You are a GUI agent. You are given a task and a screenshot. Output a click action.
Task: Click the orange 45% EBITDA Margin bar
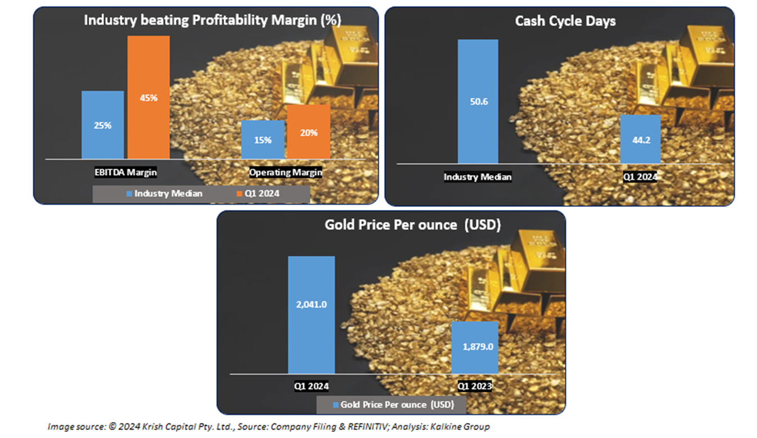click(148, 97)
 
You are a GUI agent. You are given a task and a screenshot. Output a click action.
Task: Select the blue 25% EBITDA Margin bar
click(103, 125)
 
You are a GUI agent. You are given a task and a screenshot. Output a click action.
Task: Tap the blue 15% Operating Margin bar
click(262, 139)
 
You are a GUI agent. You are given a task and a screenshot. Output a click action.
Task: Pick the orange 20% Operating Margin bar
click(309, 132)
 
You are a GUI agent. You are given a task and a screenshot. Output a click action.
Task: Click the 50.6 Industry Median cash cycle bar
click(478, 101)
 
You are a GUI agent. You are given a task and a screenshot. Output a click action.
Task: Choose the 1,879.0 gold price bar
click(475, 347)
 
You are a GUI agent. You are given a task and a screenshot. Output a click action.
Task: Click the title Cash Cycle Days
click(565, 21)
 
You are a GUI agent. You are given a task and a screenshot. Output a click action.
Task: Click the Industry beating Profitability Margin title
click(212, 21)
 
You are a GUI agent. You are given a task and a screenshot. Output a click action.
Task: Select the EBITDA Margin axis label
click(126, 173)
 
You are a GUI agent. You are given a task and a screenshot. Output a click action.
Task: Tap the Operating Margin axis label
click(286, 173)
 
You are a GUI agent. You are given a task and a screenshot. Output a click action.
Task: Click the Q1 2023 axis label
click(474, 386)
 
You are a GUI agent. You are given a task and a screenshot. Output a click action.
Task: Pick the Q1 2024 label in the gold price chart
click(311, 386)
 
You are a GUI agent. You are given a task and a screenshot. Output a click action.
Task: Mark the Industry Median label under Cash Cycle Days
click(478, 177)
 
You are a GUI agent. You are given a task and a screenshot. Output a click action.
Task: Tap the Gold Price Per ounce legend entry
click(394, 404)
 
